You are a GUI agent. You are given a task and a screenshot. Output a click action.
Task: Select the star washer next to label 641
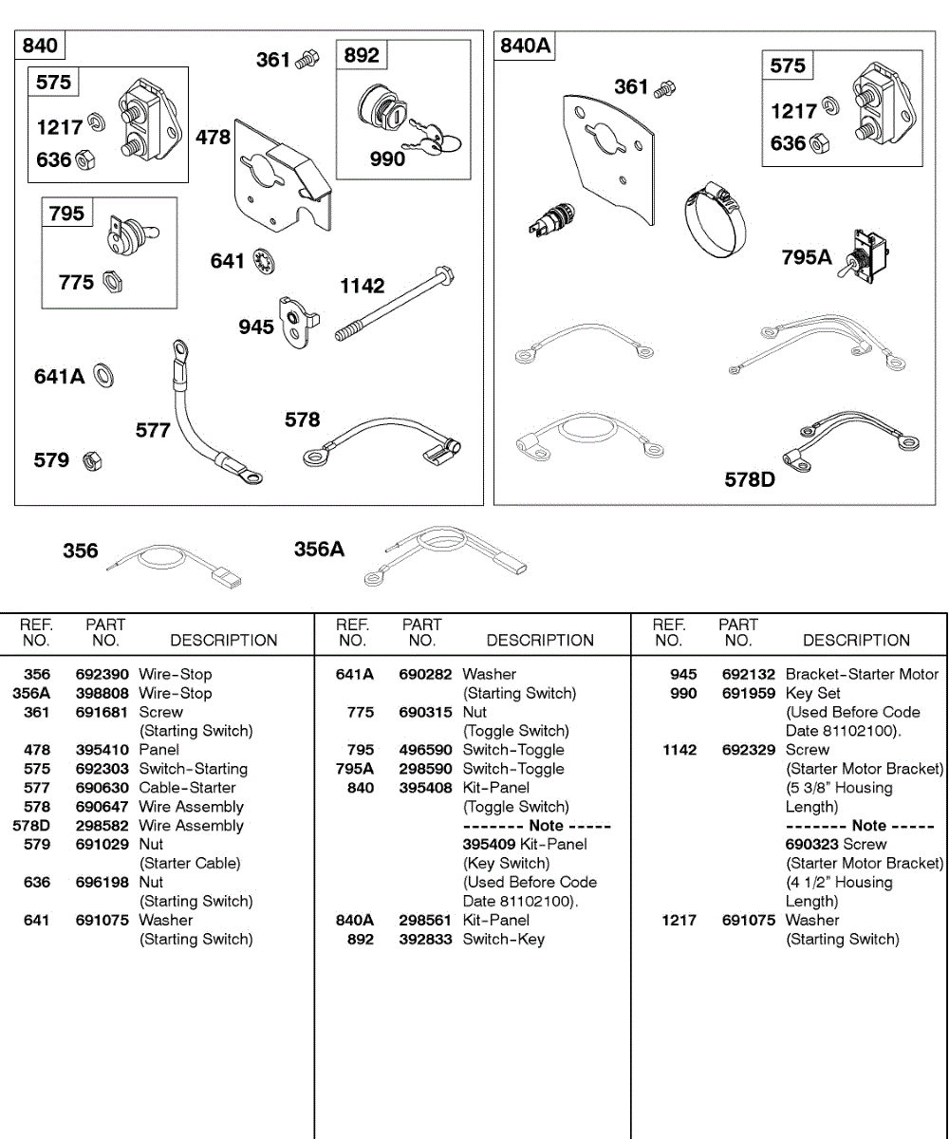tap(263, 260)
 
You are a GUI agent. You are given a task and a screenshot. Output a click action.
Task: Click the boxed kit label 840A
tap(526, 46)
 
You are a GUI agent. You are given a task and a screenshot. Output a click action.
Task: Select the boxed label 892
tap(362, 55)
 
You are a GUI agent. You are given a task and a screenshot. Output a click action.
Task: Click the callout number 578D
tap(750, 479)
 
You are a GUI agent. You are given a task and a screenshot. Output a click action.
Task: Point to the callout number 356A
tap(319, 550)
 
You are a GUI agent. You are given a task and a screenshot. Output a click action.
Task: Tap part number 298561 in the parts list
tap(425, 920)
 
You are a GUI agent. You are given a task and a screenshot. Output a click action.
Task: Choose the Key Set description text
tap(813, 693)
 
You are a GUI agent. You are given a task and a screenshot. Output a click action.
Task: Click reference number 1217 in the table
tap(679, 920)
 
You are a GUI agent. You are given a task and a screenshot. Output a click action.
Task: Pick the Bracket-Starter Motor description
tap(862, 674)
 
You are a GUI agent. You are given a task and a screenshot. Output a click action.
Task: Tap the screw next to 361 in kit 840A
tap(666, 88)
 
